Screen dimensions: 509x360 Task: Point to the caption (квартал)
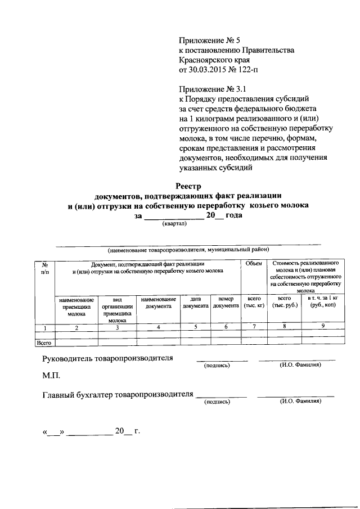pos(176,223)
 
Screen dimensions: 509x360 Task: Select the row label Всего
pos(44,341)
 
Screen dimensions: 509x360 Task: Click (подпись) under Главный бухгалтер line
pos(218,402)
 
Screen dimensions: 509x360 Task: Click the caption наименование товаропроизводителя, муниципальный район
pos(188,249)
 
